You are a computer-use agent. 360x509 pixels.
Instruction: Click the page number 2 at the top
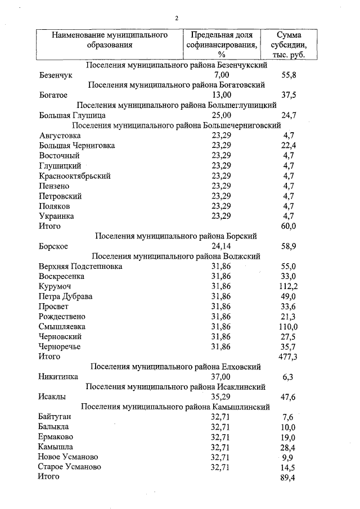pyautogui.click(x=177, y=18)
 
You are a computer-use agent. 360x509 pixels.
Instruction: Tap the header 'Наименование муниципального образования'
pyautogui.click(x=110, y=40)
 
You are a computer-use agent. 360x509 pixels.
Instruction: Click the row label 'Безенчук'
pyautogui.click(x=56, y=75)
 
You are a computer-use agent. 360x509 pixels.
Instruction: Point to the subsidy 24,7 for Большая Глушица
pyautogui.click(x=289, y=115)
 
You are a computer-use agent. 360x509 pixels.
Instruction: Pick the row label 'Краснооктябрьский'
pyautogui.click(x=74, y=176)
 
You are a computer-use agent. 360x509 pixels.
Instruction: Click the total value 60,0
pyautogui.click(x=289, y=226)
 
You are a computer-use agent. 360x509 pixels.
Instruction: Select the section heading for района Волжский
pyautogui.click(x=175, y=256)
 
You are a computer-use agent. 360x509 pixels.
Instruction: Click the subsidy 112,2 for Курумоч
pyautogui.click(x=287, y=286)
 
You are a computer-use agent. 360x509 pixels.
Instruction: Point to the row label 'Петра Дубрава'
pyautogui.click(x=66, y=296)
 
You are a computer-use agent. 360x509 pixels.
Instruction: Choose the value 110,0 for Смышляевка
pyautogui.click(x=287, y=327)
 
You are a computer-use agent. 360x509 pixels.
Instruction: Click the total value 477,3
pyautogui.click(x=287, y=357)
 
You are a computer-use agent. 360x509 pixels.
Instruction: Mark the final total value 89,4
pyautogui.click(x=287, y=478)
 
